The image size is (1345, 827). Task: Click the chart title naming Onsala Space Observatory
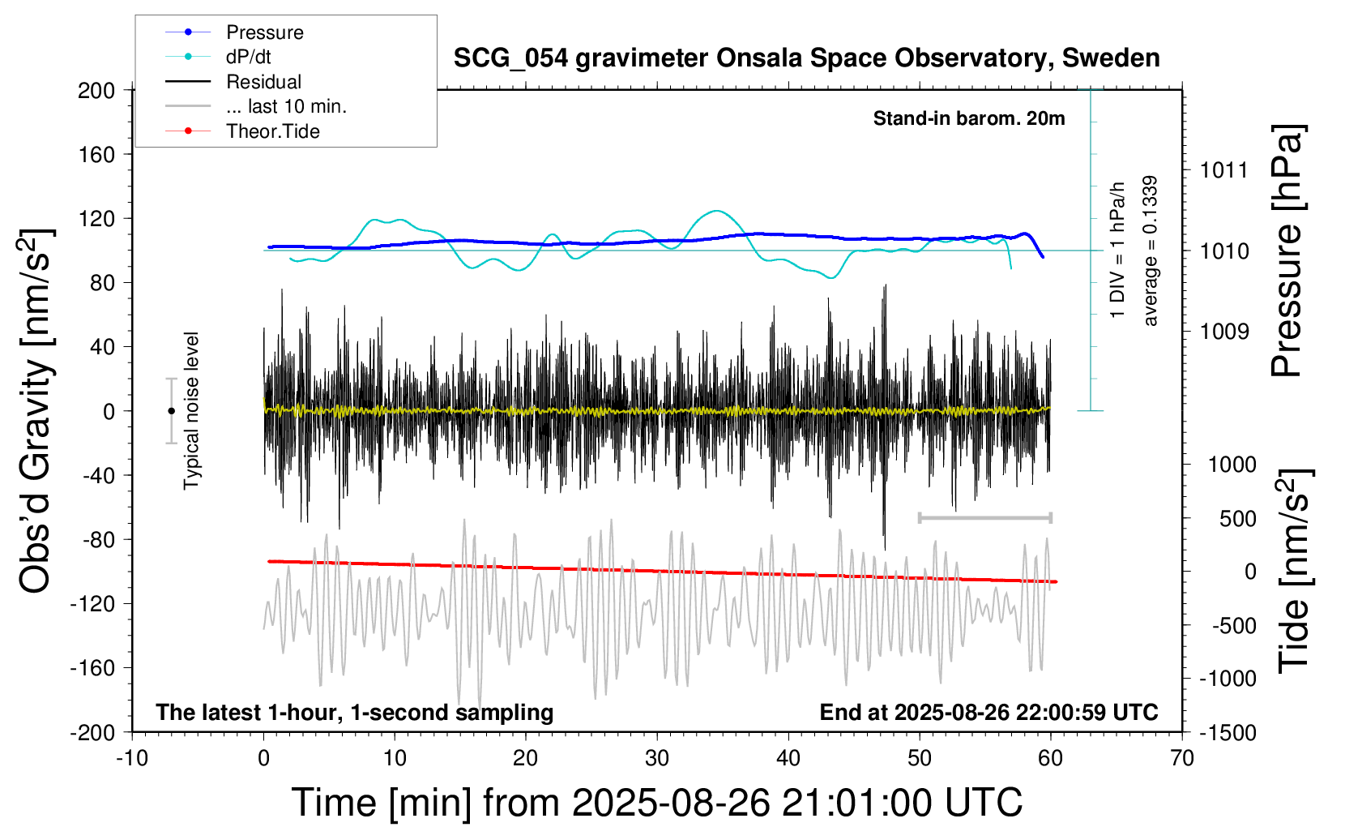pos(806,58)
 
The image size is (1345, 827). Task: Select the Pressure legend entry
pos(264,32)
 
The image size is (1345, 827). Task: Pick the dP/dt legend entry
pos(248,57)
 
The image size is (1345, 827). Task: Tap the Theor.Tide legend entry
pos(272,131)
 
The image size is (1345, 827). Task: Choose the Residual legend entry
pos(263,82)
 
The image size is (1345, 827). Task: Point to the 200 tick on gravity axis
pos(96,90)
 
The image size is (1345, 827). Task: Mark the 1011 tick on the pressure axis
pos(1224,170)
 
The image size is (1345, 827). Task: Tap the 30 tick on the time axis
pos(657,759)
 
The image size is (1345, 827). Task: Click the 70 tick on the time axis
pos(1182,759)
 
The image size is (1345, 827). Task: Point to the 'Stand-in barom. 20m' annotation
pos(969,119)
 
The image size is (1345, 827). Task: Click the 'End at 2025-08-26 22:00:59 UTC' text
pos(988,713)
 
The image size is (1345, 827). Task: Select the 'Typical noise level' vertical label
pos(191,410)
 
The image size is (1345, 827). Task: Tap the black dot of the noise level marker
pos(171,411)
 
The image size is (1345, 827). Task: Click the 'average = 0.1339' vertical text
pos(1151,251)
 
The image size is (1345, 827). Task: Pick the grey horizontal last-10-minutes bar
pos(984,517)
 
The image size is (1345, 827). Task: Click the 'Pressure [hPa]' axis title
pos(1287,251)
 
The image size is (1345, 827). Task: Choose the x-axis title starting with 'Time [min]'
pos(656,803)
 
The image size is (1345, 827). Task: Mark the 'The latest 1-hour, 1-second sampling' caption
pos(355,713)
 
